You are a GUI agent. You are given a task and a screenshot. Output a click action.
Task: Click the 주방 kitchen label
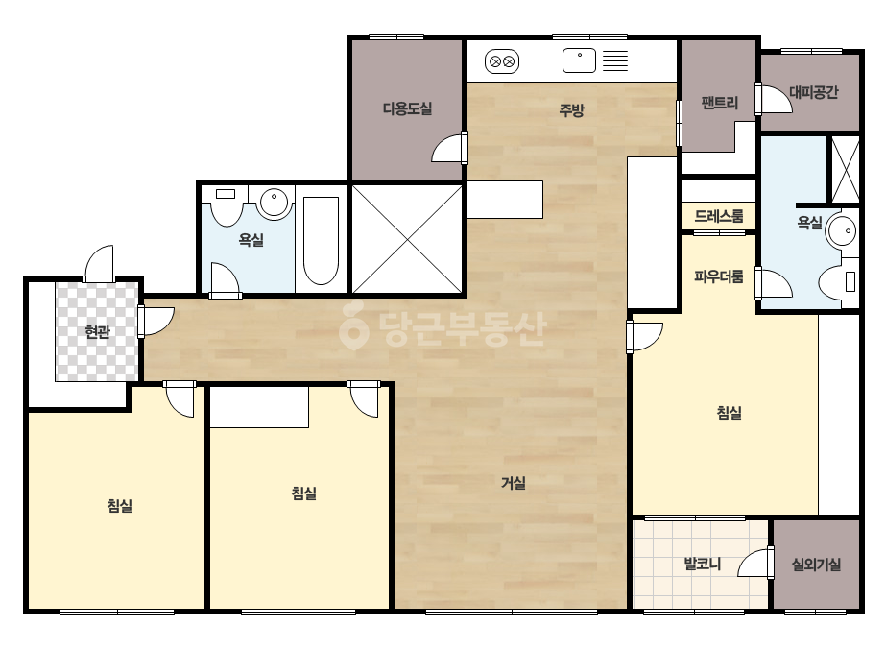(571, 109)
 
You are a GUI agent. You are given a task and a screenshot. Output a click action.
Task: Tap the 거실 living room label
(513, 483)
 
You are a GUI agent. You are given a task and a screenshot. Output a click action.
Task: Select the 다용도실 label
(407, 108)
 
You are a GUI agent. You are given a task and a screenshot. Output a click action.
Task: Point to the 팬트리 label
(719, 103)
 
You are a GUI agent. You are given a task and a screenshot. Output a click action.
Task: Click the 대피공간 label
(814, 92)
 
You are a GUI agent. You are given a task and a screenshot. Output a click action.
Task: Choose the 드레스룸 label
(719, 216)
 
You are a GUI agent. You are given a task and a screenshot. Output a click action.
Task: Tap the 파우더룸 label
(719, 276)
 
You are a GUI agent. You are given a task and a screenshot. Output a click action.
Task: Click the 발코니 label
(703, 564)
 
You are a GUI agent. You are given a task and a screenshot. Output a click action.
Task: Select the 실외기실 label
(816, 564)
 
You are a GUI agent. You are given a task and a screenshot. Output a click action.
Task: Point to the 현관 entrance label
(97, 331)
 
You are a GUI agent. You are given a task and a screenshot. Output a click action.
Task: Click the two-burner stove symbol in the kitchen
(502, 61)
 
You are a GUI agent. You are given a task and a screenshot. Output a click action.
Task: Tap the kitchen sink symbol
(579, 60)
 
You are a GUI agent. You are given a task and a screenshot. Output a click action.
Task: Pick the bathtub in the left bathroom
(321, 241)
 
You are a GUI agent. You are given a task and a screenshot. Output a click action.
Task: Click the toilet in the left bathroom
(226, 207)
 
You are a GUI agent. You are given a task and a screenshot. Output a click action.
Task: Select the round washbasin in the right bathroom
(841, 231)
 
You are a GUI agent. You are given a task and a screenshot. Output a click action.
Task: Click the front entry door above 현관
(99, 263)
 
